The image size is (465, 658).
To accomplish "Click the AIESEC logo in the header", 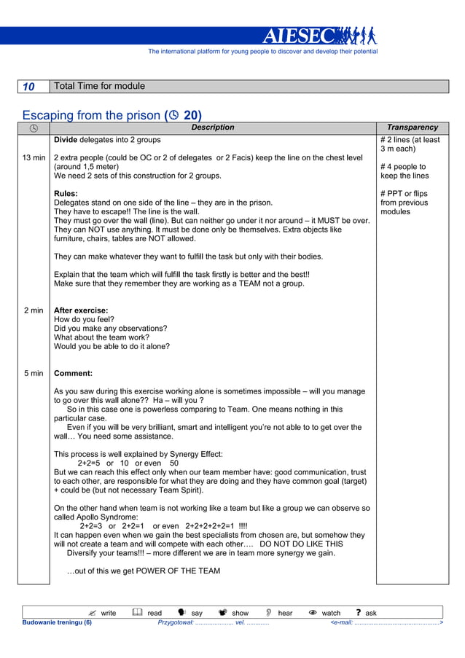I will [x=319, y=36].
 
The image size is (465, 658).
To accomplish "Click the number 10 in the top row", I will [x=28, y=87].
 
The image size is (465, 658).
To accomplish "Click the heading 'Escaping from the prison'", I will [x=92, y=115].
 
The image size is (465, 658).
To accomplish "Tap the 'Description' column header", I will [x=212, y=128].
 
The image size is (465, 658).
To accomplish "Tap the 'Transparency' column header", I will [x=413, y=128].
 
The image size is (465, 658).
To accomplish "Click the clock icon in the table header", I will [x=34, y=128].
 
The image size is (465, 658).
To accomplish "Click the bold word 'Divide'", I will [x=66, y=139].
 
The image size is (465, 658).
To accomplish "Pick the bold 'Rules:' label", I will [x=66, y=193].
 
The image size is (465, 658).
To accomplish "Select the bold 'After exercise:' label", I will [x=81, y=310].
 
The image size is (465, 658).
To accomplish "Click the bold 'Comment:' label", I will [x=73, y=373].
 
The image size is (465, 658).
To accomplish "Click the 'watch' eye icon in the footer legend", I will [x=313, y=613].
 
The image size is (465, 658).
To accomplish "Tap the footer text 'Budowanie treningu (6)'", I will [x=58, y=623].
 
